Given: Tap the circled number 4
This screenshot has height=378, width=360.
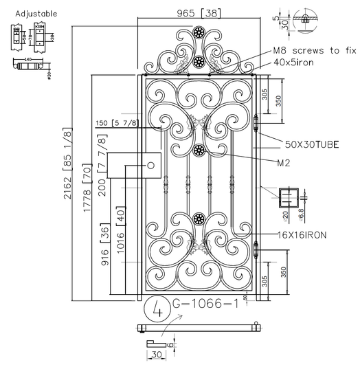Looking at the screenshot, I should coord(157,309).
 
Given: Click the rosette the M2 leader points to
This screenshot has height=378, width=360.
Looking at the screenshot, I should coord(199,151).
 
